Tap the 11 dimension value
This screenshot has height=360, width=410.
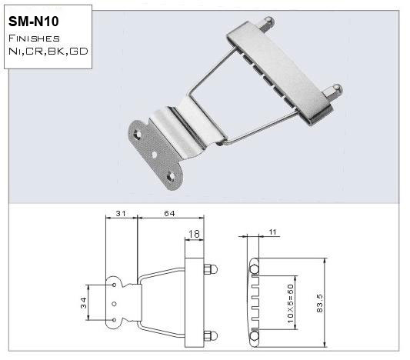275,231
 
